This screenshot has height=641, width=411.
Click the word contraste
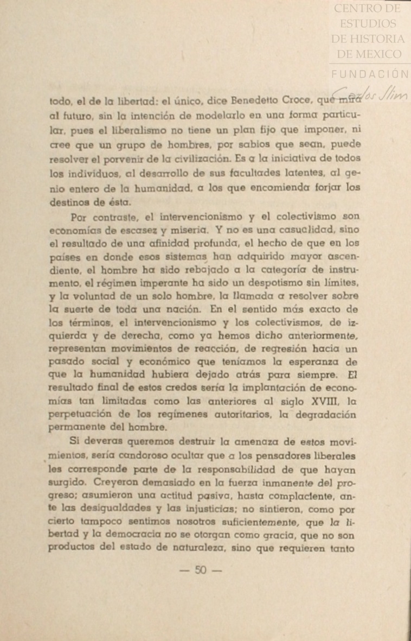click(x=113, y=215)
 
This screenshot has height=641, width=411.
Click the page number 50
click(x=201, y=570)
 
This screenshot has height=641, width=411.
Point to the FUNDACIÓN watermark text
click(x=369, y=74)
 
